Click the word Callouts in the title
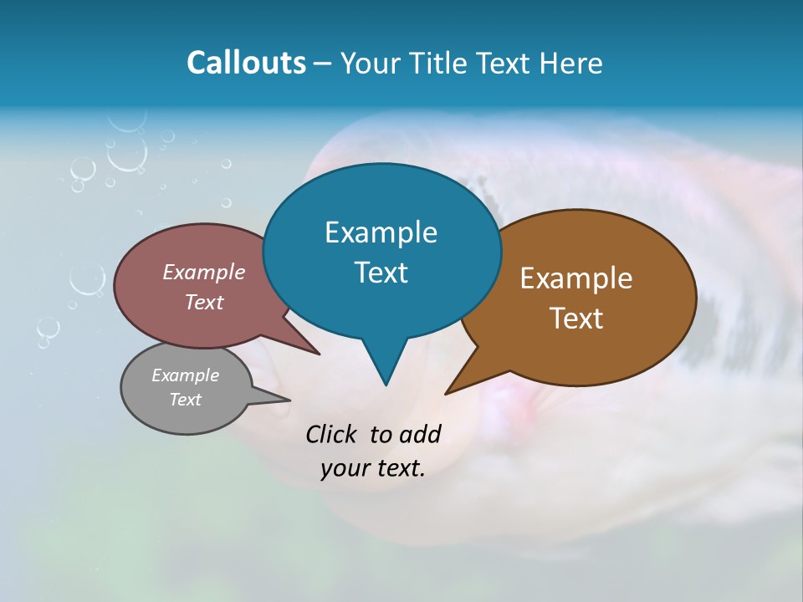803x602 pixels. click(x=246, y=63)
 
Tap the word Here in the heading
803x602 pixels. click(x=571, y=63)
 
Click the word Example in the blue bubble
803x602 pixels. click(x=381, y=232)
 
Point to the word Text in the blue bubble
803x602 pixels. click(x=381, y=273)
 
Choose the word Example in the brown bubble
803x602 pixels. click(x=576, y=278)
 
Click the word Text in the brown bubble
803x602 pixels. click(x=576, y=319)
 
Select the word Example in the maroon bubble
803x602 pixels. click(x=204, y=273)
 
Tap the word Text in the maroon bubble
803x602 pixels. click(x=204, y=302)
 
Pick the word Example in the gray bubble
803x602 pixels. click(x=186, y=375)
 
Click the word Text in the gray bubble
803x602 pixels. click(x=186, y=400)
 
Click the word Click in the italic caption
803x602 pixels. click(x=333, y=434)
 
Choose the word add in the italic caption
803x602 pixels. click(x=419, y=434)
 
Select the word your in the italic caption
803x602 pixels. click(x=343, y=468)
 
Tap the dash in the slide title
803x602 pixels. click(x=324, y=64)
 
